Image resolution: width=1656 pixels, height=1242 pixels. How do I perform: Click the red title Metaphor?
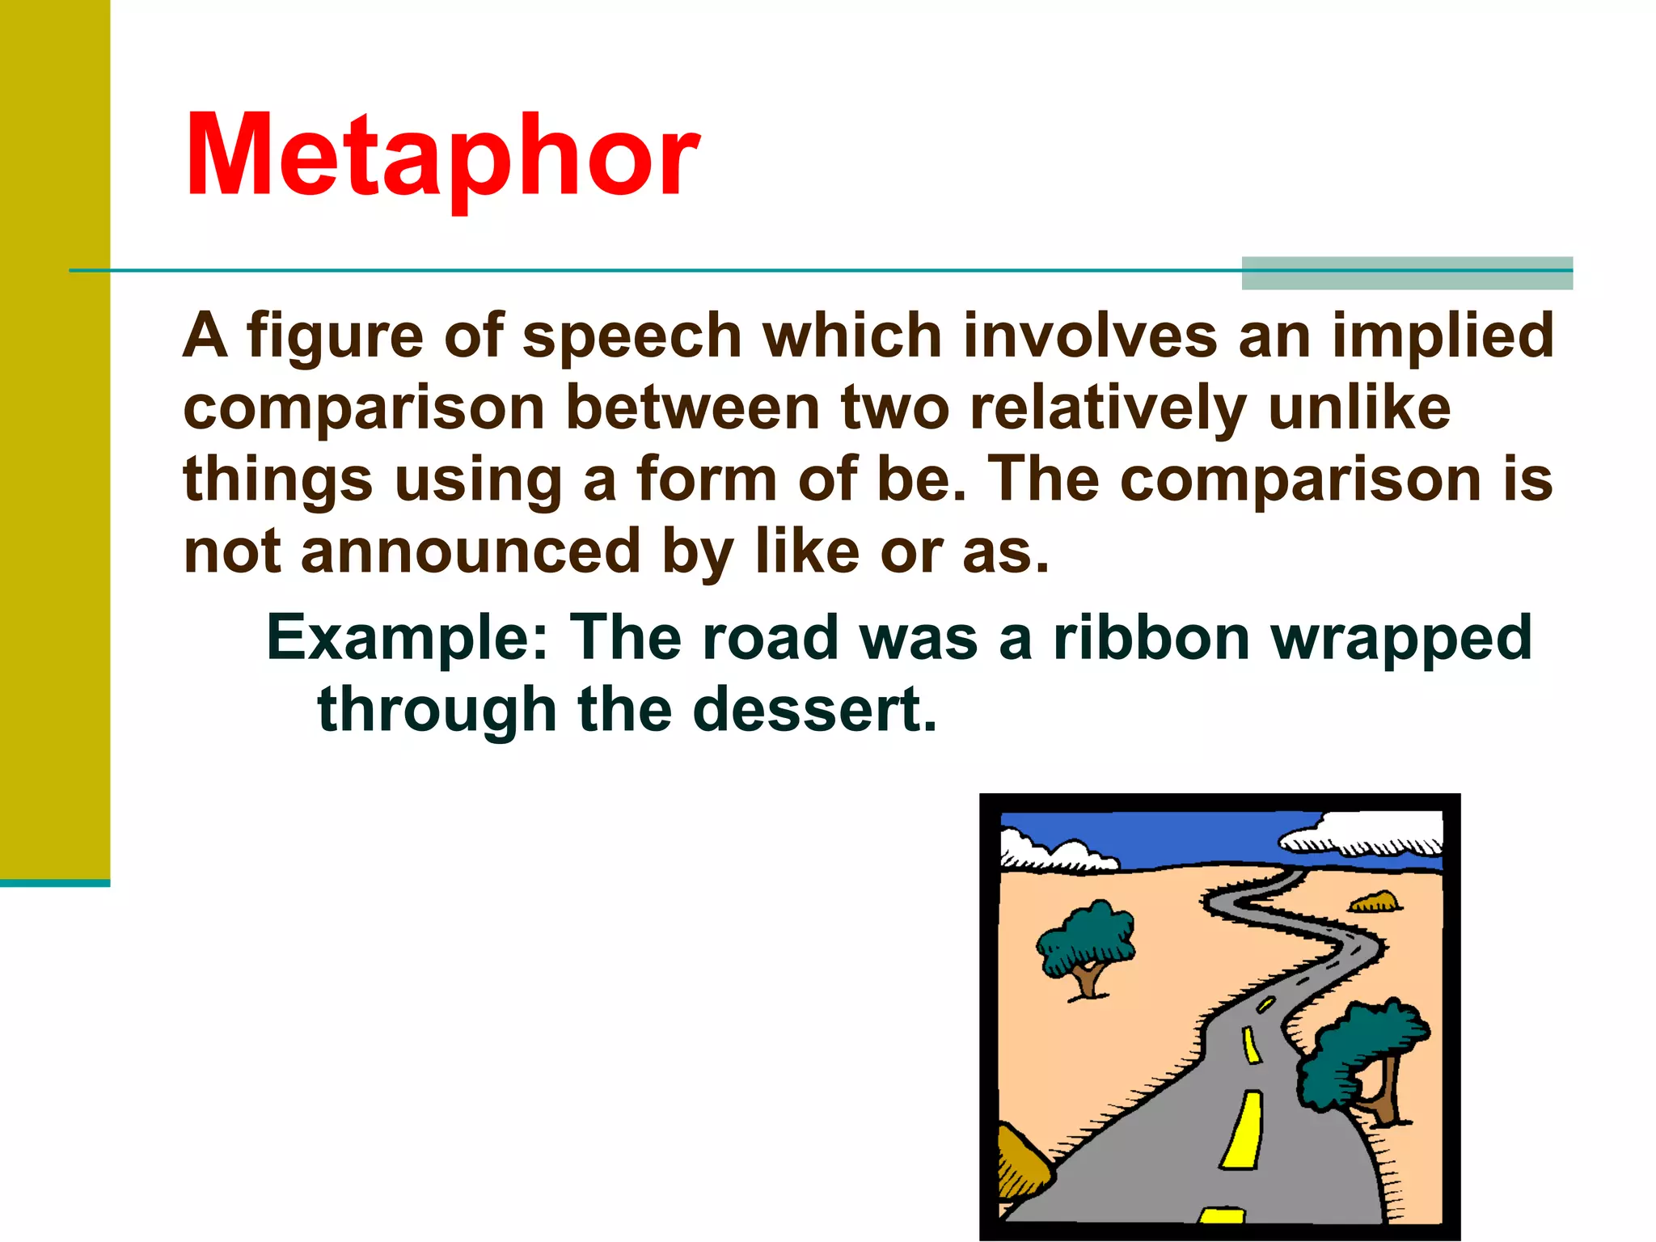[x=442, y=155]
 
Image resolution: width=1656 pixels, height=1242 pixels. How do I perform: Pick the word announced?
[x=471, y=551]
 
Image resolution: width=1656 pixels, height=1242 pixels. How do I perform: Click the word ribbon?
[x=1152, y=637]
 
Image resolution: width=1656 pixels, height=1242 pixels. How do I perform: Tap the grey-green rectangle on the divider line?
[x=1406, y=273]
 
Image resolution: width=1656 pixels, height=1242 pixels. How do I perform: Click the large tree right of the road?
[x=1358, y=1055]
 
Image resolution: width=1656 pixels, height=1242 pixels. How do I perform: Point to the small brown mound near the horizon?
[x=1375, y=902]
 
